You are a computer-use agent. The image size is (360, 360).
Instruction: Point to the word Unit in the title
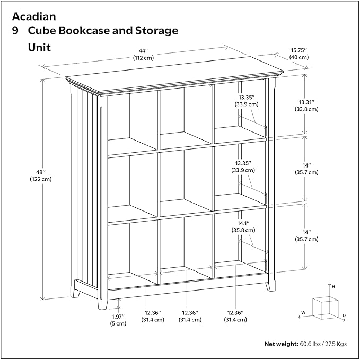(39, 48)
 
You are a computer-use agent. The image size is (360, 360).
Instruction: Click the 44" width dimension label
(143, 51)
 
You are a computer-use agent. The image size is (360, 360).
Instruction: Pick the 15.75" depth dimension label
(299, 50)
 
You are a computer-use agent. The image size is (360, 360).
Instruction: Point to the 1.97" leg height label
(118, 317)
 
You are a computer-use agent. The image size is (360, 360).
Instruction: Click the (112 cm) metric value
(143, 58)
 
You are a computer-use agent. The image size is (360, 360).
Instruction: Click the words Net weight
(282, 344)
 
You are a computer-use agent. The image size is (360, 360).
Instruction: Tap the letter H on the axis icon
(333, 287)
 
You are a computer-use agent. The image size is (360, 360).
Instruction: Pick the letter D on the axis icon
(344, 316)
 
